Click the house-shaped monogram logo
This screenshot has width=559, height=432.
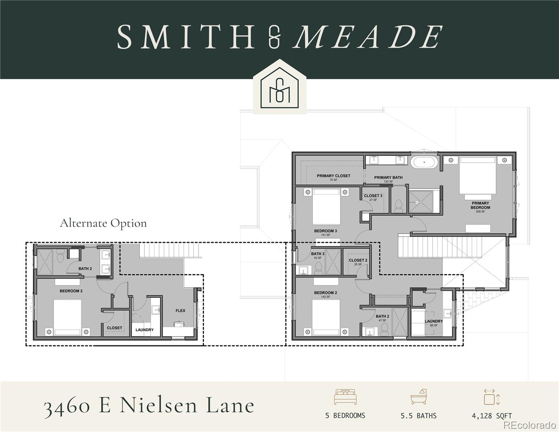280,87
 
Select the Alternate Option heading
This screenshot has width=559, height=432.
103,223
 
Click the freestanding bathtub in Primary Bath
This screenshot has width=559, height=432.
424,162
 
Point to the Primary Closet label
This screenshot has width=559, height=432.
333,176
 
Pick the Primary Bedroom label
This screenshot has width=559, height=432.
480,205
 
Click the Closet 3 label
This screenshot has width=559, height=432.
373,196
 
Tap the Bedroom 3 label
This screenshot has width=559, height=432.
325,231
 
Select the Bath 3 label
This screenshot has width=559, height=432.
317,254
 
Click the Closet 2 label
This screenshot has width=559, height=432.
358,260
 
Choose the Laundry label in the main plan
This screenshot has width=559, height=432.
433,321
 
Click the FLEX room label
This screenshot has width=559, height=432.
180,311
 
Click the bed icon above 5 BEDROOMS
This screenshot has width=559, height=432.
345,397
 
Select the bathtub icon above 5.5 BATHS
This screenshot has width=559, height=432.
418,397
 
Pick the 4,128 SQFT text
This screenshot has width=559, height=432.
492,416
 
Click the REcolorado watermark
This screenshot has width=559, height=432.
529,425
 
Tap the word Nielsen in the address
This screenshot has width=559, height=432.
159,405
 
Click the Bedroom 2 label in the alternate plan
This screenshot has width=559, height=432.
71,291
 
